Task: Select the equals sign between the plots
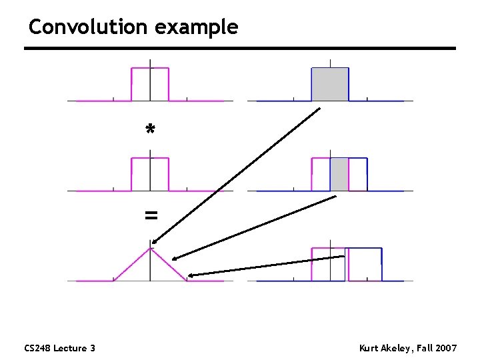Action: [x=151, y=215]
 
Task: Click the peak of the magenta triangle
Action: [x=151, y=248]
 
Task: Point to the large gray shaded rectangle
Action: [x=330, y=84]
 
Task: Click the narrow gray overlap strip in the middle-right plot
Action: [x=339, y=174]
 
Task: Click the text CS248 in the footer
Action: [x=37, y=348]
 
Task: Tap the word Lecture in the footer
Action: [x=71, y=348]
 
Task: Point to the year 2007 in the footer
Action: [x=445, y=348]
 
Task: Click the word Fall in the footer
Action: [x=425, y=348]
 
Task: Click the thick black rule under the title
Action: [x=240, y=49]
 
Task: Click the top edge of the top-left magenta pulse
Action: [x=150, y=68]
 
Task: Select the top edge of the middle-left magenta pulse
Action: [x=150, y=158]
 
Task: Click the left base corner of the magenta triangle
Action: [x=114, y=280]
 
